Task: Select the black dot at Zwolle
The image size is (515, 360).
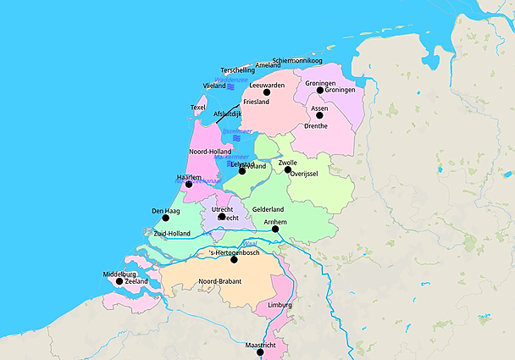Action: (288, 170)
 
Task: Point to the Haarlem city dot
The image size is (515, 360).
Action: (189, 184)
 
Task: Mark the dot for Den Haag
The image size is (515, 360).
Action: (165, 218)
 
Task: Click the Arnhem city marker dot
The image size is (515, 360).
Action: (275, 229)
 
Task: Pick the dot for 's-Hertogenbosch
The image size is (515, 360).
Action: (234, 259)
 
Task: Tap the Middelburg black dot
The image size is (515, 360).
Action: (119, 281)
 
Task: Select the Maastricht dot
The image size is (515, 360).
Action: (260, 352)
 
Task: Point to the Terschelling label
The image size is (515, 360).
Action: (237, 70)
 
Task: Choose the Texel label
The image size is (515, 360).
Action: (198, 108)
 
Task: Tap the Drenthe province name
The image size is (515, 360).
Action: (315, 126)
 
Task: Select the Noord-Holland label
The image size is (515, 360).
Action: (210, 152)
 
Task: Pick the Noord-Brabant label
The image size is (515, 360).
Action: (219, 281)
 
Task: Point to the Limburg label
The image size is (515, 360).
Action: (280, 304)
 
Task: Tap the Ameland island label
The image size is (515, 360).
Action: (268, 65)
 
